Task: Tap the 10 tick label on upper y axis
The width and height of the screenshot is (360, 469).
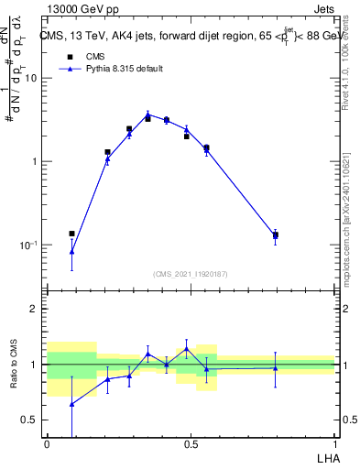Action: click(x=32, y=78)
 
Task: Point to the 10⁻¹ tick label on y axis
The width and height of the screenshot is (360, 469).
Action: click(x=29, y=245)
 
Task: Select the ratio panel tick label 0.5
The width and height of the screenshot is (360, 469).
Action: click(x=30, y=420)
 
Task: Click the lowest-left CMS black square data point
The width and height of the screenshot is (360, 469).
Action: click(x=72, y=234)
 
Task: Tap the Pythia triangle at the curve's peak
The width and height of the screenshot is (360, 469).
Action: click(x=147, y=115)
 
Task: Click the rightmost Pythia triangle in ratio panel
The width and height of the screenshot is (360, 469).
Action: click(x=276, y=368)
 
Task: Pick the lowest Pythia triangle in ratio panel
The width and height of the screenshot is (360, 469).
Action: click(x=72, y=403)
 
